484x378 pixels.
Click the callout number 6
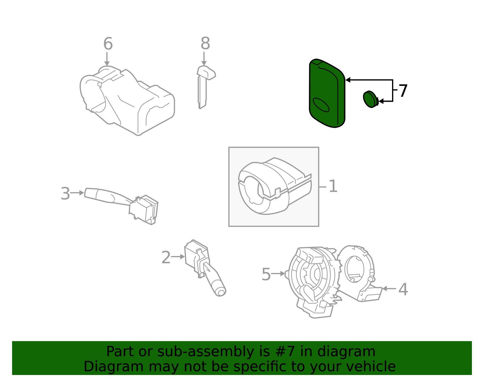(x=108, y=44)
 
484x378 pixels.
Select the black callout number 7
(x=403, y=91)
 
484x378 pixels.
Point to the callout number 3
(x=65, y=193)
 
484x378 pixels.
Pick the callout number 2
(x=166, y=258)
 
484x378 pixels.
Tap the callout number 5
(x=266, y=274)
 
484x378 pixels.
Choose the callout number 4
(x=403, y=289)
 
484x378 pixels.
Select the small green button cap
(x=370, y=99)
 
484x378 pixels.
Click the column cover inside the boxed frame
(x=272, y=188)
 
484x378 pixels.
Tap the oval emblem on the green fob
(x=321, y=105)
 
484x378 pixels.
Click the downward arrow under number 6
(x=107, y=59)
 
